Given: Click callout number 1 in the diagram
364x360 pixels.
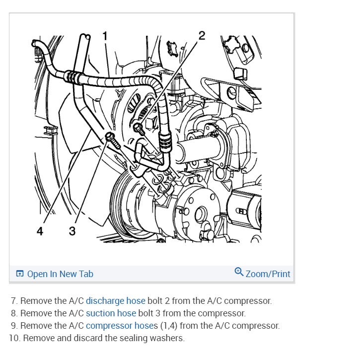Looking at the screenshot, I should (x=104, y=35).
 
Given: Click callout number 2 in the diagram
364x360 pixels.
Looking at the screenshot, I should (x=201, y=35).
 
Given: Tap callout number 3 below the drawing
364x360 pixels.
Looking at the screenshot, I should (x=72, y=231).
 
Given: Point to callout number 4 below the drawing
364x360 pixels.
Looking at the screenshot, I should (x=40, y=231).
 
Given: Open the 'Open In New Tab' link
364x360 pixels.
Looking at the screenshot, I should (x=60, y=274).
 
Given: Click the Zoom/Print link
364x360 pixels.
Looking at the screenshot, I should (x=268, y=274).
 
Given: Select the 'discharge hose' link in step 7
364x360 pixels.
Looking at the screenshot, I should (x=116, y=301).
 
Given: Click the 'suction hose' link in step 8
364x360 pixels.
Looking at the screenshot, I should (x=111, y=313).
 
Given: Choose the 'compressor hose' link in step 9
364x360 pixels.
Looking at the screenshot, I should (x=116, y=326).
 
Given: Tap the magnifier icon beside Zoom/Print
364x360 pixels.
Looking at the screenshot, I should (x=239, y=272).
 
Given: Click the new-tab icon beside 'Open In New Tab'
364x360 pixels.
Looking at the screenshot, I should (x=20, y=274).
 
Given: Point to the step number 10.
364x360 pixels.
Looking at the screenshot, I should (x=14, y=338).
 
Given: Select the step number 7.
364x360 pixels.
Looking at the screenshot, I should (x=14, y=301).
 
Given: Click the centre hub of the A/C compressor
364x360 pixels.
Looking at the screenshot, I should (x=200, y=215).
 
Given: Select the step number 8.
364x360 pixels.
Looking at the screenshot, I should (x=14, y=313).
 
